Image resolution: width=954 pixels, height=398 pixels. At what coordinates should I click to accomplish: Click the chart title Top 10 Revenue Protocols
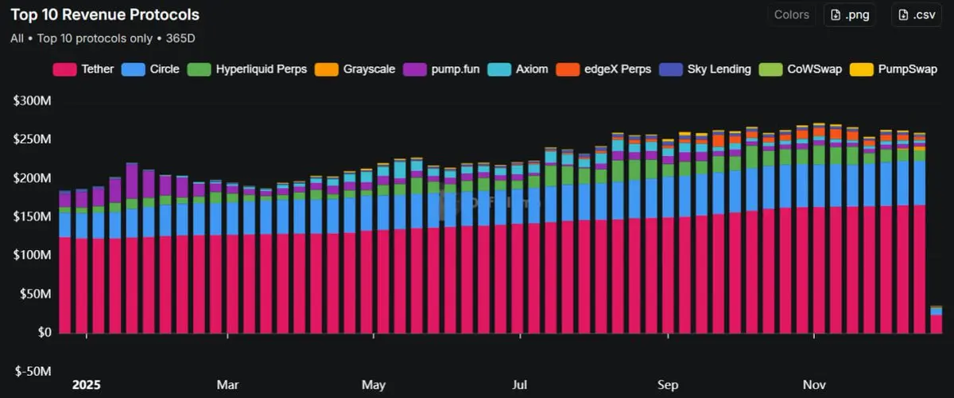105,14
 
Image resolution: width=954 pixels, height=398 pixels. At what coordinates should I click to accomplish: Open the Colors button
791,14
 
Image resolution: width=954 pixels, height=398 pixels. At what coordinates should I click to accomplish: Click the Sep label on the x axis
668,385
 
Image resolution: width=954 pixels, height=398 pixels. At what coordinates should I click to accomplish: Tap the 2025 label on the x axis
87,385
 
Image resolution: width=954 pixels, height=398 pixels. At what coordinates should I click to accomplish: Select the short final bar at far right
937,320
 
